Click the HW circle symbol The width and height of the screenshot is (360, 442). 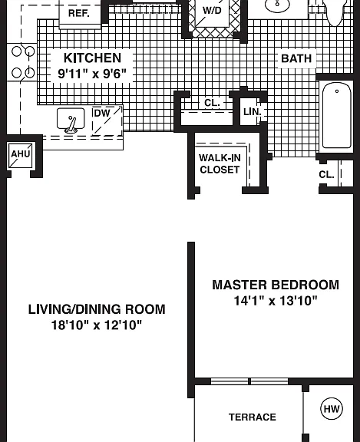[332, 409]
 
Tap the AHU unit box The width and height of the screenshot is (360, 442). [20, 155]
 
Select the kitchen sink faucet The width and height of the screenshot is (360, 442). [71, 125]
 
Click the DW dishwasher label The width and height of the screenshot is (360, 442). [102, 114]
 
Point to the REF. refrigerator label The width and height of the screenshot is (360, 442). [79, 13]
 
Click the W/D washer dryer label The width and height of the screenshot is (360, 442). [212, 11]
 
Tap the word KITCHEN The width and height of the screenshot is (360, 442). [92, 58]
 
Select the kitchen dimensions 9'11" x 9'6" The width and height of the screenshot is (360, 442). [92, 74]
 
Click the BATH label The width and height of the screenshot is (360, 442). [296, 58]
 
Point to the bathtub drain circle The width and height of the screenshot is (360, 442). [337, 91]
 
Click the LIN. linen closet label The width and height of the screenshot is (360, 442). [253, 112]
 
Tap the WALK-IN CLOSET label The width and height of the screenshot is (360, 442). [220, 163]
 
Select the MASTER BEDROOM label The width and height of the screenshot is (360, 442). [276, 285]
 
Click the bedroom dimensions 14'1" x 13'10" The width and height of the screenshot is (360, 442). [276, 301]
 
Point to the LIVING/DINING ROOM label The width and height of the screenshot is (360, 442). [97, 309]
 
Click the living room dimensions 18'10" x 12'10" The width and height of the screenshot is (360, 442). [97, 325]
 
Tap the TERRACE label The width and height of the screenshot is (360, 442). [253, 417]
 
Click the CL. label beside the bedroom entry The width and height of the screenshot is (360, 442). [326, 175]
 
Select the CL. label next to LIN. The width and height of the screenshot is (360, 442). [212, 103]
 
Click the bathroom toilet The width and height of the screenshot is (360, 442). [335, 12]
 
